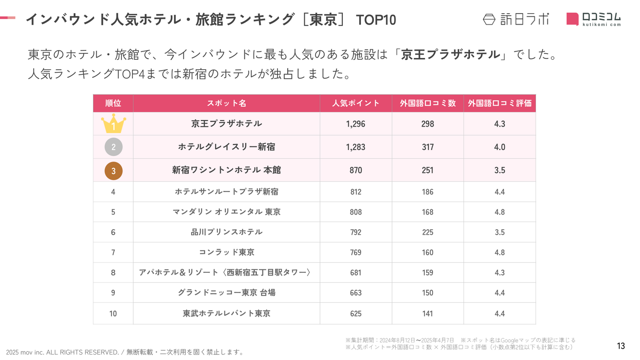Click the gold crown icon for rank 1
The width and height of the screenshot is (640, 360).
113,124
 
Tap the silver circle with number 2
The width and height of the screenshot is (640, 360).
113,147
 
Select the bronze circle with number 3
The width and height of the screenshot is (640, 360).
113,171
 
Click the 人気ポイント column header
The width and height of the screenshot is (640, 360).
356,103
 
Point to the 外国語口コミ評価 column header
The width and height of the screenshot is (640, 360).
500,103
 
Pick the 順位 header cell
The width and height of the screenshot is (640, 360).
113,103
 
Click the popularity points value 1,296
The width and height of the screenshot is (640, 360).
356,124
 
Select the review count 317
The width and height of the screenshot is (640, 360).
428,147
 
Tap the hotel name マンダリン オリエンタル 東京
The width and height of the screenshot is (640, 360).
226,212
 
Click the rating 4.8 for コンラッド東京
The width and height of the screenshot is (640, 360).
500,252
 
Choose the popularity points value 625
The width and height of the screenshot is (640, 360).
356,314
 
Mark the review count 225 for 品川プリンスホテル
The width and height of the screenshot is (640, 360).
428,232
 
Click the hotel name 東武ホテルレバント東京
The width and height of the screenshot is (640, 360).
226,314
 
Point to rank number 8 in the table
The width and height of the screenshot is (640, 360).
113,272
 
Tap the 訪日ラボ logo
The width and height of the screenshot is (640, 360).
516,19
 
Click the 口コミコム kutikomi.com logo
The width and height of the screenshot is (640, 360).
594,19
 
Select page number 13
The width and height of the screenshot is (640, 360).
621,346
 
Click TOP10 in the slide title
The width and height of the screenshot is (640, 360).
376,20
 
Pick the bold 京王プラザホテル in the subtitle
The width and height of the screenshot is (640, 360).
450,54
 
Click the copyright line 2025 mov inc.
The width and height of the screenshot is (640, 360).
124,352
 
